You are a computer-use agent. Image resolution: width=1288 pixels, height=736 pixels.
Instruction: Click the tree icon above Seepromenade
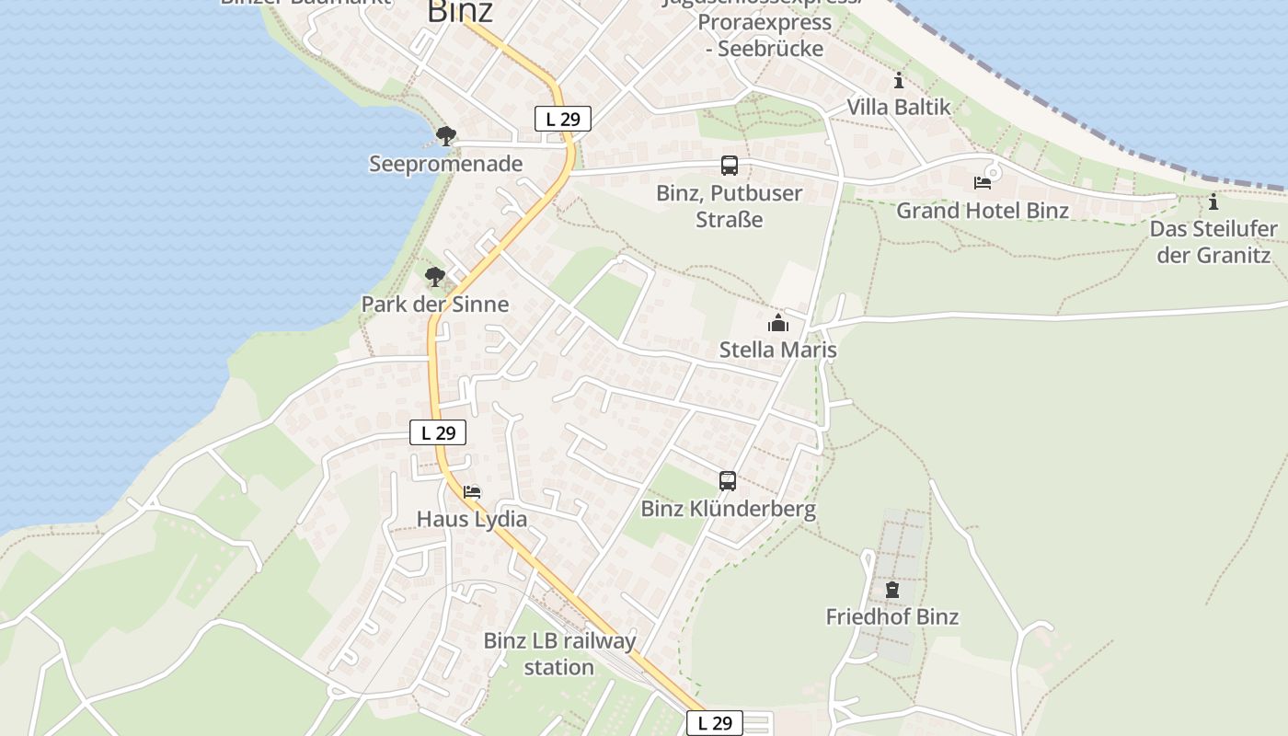[x=446, y=137]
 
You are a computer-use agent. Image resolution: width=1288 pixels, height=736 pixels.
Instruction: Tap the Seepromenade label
[x=445, y=165]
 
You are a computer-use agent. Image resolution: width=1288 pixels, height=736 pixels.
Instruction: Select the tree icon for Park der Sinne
[x=434, y=276]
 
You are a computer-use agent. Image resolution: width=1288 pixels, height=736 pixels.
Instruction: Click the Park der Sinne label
[x=434, y=305]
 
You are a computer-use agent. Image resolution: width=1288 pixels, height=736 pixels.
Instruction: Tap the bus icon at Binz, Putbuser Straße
[x=729, y=166]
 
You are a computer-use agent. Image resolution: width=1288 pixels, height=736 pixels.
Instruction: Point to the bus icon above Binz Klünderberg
[x=727, y=481]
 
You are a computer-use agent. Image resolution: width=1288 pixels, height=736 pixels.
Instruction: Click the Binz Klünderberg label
[x=728, y=509]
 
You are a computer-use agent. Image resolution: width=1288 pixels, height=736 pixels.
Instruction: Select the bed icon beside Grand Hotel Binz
[x=983, y=182]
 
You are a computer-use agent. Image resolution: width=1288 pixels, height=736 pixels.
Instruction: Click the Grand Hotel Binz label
[x=983, y=211]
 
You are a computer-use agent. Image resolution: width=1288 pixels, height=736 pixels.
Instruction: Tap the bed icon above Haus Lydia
[x=472, y=492]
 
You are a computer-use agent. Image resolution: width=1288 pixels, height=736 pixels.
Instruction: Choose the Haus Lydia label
[x=472, y=520]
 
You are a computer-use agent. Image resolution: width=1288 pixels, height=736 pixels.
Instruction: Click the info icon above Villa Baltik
[x=899, y=80]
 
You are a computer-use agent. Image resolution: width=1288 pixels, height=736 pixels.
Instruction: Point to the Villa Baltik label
[x=899, y=108]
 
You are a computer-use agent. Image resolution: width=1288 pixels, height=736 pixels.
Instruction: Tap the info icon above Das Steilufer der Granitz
[x=1213, y=201]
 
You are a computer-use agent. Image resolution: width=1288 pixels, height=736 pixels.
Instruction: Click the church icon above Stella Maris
[x=778, y=323]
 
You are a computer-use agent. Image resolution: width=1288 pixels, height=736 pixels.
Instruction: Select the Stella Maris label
[x=778, y=351]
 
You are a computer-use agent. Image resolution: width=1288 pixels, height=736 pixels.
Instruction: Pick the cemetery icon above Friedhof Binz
[x=891, y=589]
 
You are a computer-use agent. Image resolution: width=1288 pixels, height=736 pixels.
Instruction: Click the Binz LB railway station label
[x=559, y=654]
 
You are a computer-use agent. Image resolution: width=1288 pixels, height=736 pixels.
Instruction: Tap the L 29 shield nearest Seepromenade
[x=562, y=119]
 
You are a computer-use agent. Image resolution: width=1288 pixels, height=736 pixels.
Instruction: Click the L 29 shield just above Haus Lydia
[x=438, y=432]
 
